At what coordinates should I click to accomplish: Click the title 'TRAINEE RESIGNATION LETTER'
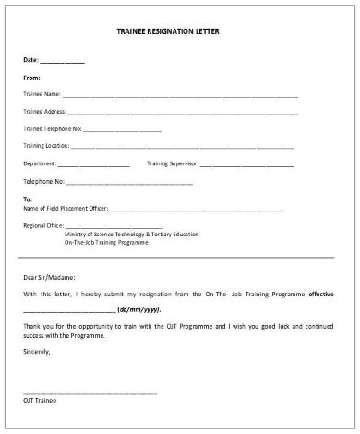(181, 29)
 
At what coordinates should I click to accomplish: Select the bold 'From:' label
(32, 78)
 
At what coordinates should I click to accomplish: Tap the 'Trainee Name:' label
(42, 94)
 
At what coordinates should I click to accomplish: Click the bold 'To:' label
(28, 199)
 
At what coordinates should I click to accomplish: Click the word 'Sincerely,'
(39, 352)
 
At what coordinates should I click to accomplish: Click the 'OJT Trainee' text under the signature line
(38, 400)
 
